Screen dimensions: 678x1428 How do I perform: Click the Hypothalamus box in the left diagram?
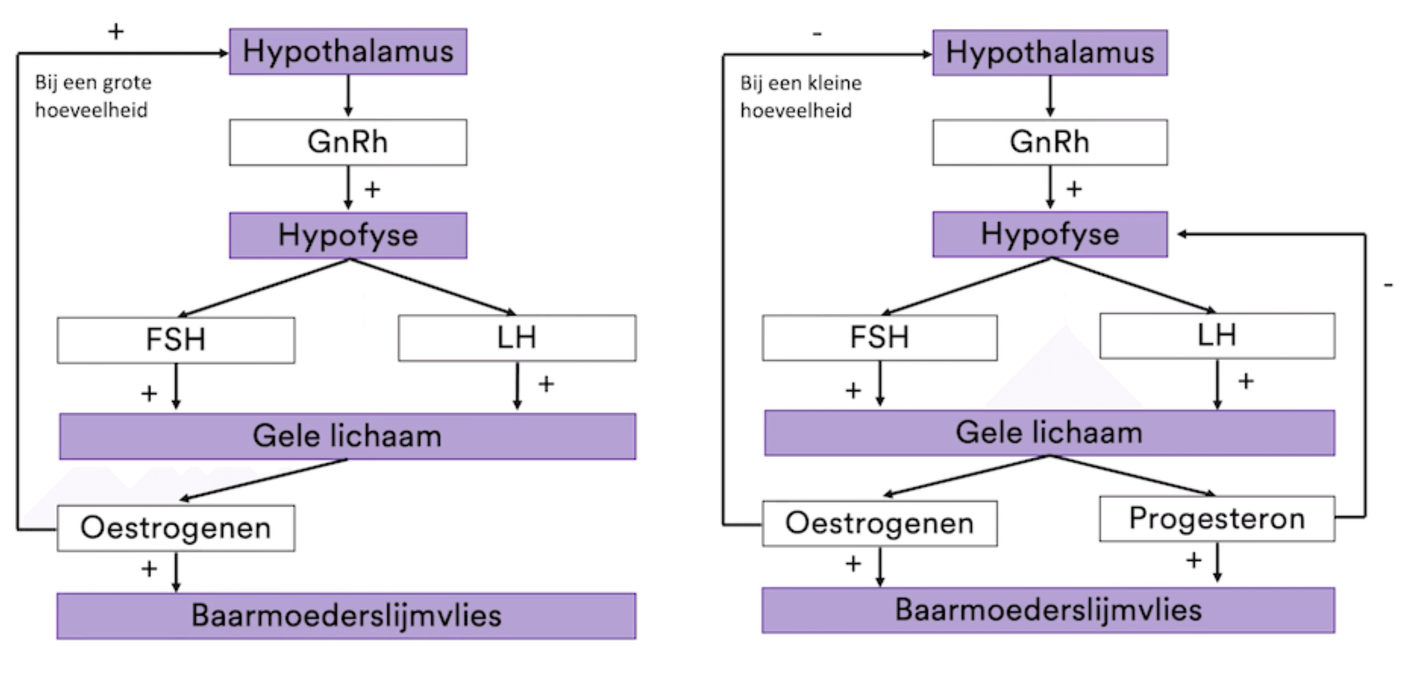348,52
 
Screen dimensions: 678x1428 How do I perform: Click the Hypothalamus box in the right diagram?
1050,53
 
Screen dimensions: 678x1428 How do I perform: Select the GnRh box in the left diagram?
348,142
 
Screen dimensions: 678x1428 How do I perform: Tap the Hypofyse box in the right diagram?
1050,234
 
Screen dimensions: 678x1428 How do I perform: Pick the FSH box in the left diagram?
176,340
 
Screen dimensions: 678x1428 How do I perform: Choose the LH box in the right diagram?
1217,336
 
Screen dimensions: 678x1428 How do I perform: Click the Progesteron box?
1217,519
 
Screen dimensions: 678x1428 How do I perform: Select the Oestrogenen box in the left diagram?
176,528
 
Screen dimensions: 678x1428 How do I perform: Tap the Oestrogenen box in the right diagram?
879,523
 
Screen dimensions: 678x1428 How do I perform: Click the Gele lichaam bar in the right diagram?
1050,433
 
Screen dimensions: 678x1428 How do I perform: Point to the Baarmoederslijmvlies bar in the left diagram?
346,616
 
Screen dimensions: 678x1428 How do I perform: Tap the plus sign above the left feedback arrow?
115,32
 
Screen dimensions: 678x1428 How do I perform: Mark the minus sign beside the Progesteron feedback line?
1388,285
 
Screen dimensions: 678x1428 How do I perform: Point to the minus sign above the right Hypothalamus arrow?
817,34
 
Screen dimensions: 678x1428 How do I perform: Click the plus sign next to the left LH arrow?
546,383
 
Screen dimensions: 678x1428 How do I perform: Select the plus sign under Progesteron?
1194,560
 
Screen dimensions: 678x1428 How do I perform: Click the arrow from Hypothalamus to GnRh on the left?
348,95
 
